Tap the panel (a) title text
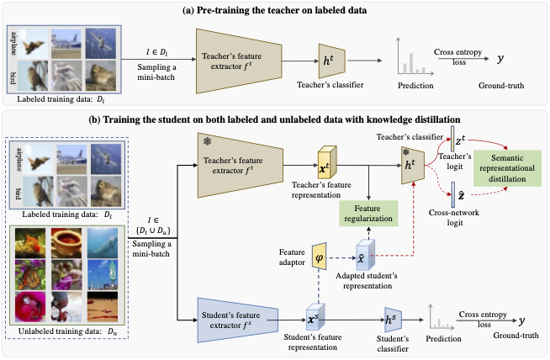[x=274, y=8]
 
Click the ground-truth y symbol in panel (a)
[x=500, y=61]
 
